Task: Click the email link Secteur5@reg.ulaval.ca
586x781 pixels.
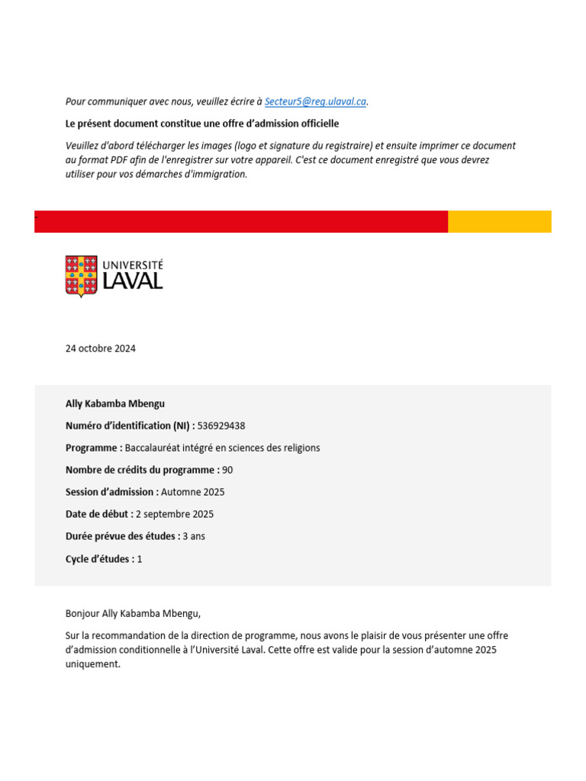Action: (315, 101)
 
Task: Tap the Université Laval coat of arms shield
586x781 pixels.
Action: (81, 276)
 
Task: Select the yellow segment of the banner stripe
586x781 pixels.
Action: (499, 222)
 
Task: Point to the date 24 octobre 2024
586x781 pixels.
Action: (101, 349)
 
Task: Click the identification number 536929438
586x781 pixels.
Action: (221, 426)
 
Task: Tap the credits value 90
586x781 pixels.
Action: (227, 470)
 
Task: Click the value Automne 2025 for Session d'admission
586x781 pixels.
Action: (193, 492)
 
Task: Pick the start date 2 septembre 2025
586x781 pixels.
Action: (175, 514)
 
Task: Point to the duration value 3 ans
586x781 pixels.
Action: (194, 536)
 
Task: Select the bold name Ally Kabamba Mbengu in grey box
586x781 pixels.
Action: (115, 403)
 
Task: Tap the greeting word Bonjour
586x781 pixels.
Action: (82, 612)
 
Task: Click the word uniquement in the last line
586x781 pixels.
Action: (93, 664)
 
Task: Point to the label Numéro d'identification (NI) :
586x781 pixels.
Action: (130, 426)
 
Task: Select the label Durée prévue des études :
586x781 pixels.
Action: (123, 536)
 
